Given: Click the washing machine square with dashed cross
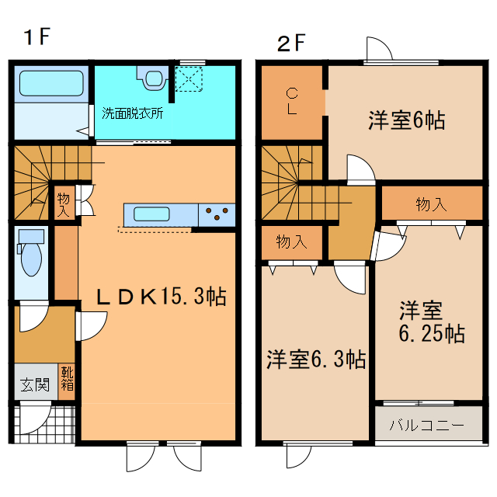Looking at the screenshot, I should click(x=189, y=78).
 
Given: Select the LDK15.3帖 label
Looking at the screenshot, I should click(x=161, y=296).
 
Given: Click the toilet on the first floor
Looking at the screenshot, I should click(x=32, y=256).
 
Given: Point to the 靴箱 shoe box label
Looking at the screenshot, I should click(x=68, y=380).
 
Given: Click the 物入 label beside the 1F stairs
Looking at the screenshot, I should click(x=64, y=204).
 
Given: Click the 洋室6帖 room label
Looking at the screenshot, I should click(x=406, y=120).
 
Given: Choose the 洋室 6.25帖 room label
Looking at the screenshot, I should click(x=432, y=322).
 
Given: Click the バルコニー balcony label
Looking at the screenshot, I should click(x=426, y=426).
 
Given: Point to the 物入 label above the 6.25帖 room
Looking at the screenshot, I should click(x=431, y=204).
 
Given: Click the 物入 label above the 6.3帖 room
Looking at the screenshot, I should click(x=291, y=242).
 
